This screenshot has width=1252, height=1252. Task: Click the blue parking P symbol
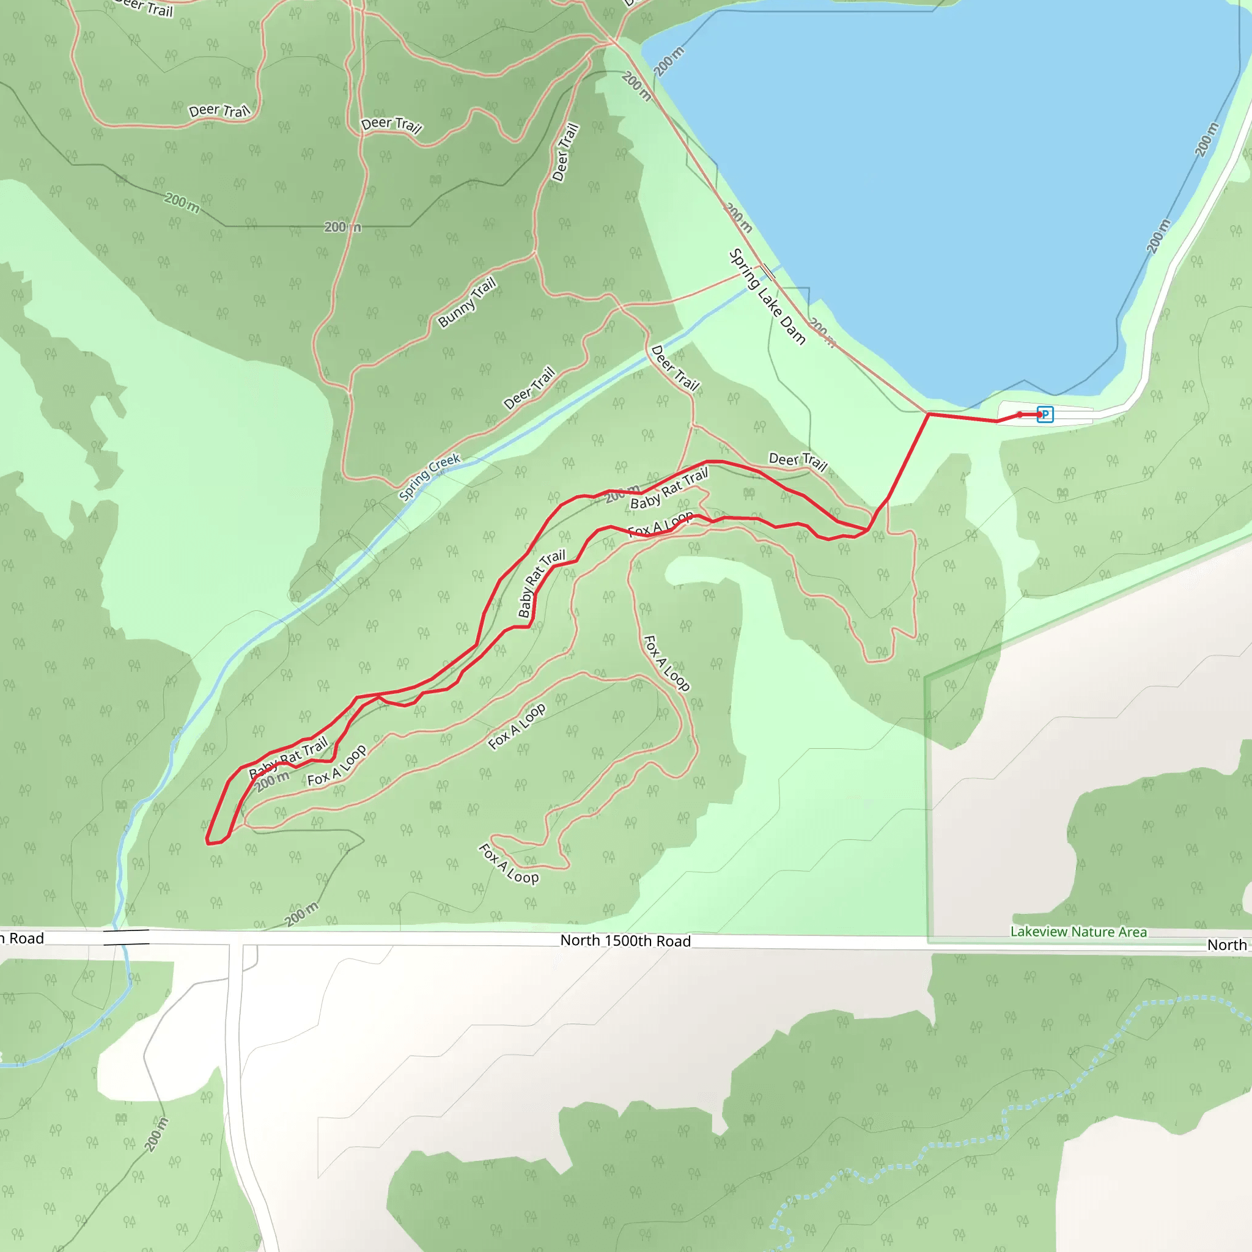click(1045, 414)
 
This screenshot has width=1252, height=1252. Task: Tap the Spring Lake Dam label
click(767, 296)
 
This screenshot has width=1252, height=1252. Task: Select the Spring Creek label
click(430, 477)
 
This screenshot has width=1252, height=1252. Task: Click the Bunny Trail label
click(467, 302)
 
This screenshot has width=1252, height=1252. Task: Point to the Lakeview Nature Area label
click(1078, 932)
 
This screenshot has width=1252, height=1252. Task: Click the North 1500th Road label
click(625, 941)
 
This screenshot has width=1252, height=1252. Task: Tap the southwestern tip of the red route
click(208, 842)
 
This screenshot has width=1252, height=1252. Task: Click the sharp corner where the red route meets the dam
click(928, 413)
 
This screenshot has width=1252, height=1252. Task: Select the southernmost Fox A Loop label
click(509, 863)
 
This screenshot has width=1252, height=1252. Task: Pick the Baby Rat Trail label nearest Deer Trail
click(669, 489)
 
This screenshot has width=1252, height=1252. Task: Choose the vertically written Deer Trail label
click(565, 152)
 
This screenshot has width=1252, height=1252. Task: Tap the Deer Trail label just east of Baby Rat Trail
click(798, 462)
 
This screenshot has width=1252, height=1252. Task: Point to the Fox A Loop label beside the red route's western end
click(337, 765)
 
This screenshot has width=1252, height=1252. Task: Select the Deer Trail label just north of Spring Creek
click(529, 388)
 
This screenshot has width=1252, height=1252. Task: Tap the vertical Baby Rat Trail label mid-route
click(541, 584)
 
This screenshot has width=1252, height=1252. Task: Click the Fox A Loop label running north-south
click(666, 663)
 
